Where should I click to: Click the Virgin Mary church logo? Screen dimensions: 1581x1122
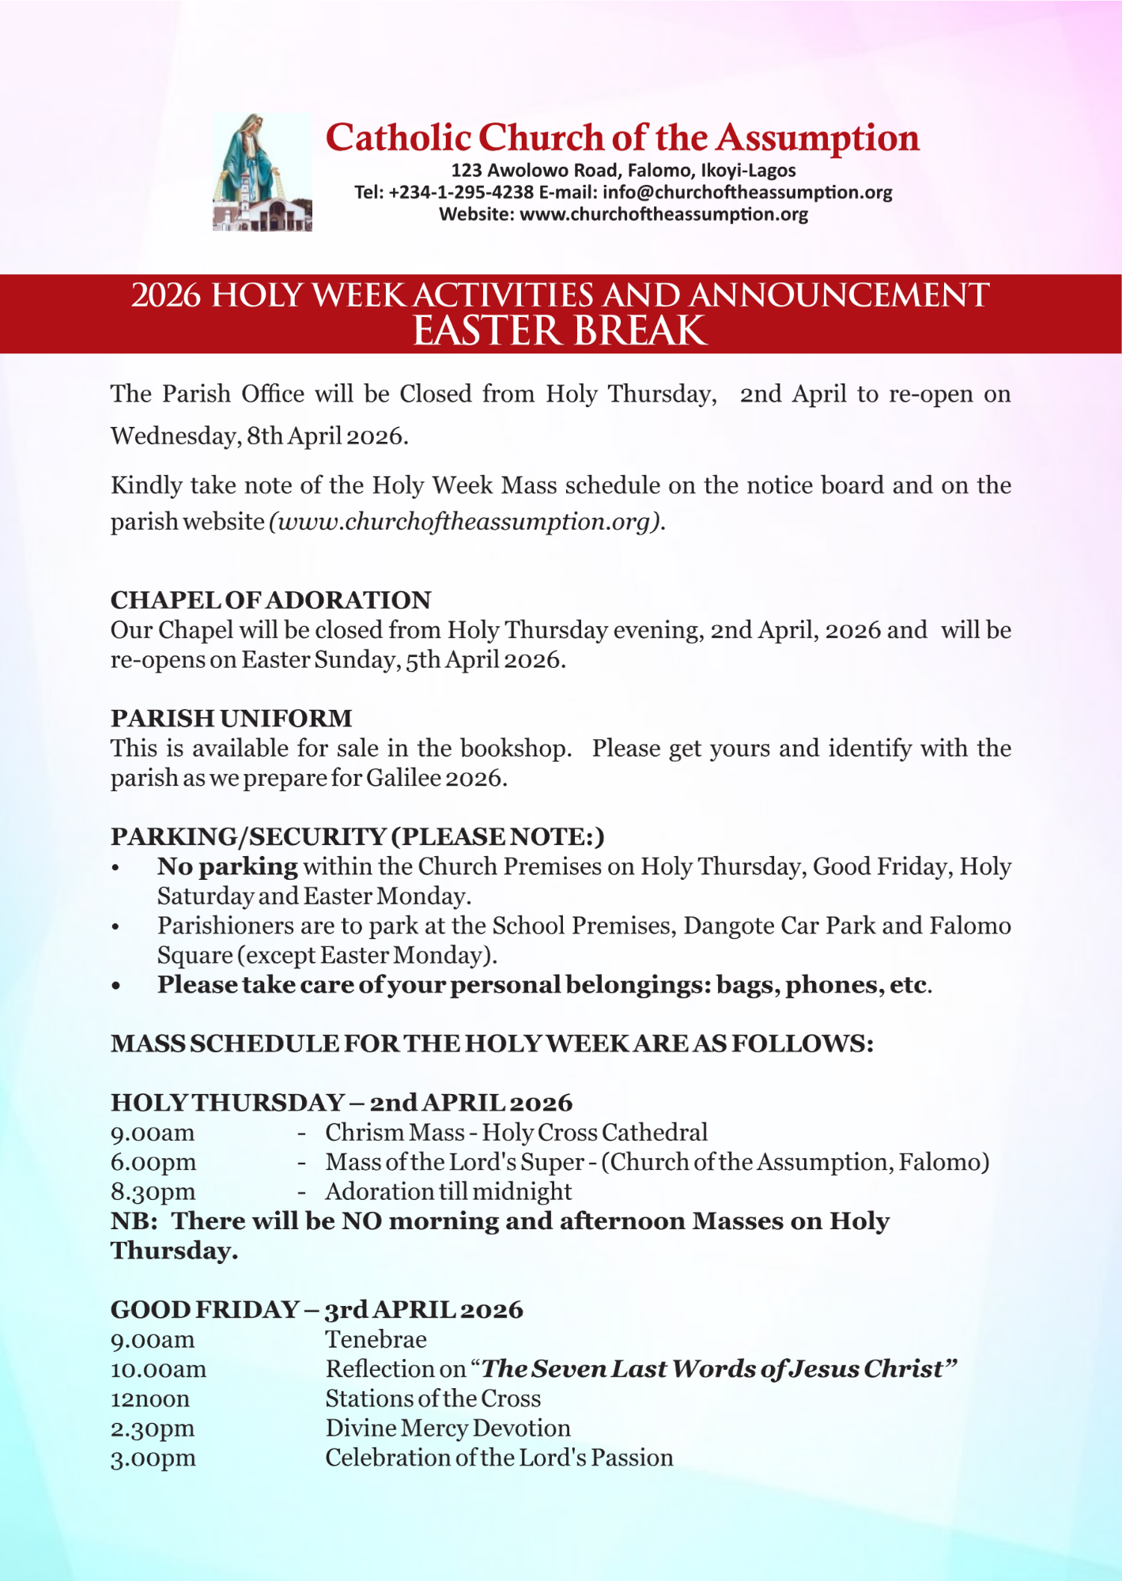click(262, 172)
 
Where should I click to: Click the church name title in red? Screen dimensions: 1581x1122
click(622, 138)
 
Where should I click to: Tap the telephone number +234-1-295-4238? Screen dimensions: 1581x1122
click(461, 192)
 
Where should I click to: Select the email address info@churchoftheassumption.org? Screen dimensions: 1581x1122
click(747, 192)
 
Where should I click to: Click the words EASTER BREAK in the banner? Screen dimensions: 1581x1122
click(560, 330)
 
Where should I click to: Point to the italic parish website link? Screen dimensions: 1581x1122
click(465, 522)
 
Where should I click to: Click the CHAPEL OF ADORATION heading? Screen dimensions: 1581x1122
click(270, 600)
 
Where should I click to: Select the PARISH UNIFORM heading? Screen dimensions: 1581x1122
click(231, 718)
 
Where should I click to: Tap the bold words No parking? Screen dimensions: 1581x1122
click(228, 866)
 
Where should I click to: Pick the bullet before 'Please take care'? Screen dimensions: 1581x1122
click(116, 986)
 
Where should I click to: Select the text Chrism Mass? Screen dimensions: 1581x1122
click(395, 1133)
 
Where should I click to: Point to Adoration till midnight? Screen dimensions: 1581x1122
click(448, 1191)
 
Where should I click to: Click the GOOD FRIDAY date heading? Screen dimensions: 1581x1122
click(316, 1310)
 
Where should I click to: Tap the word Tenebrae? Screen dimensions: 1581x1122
click(376, 1339)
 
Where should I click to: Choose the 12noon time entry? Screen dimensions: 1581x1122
click(150, 1398)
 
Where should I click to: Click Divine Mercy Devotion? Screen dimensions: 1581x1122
click(448, 1428)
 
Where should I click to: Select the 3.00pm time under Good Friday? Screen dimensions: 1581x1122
click(153, 1458)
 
